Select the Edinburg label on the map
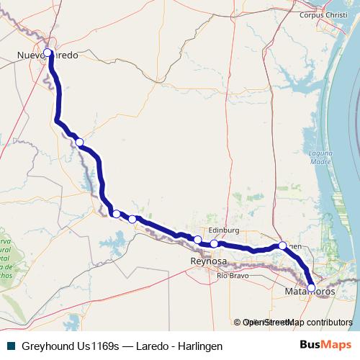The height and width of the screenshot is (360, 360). tap(222, 231)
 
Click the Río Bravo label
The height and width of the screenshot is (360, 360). tap(233, 276)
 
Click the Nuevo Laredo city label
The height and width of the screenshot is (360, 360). tap(47, 55)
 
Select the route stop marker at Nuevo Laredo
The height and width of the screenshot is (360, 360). tap(48, 53)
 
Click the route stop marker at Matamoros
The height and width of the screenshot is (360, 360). tap(311, 288)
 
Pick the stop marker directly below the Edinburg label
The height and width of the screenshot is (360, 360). tap(215, 243)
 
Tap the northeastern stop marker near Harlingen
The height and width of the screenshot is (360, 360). tap(283, 246)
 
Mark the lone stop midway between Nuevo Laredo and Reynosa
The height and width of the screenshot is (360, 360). tap(79, 142)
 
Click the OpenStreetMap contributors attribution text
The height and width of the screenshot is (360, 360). tap(292, 323)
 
